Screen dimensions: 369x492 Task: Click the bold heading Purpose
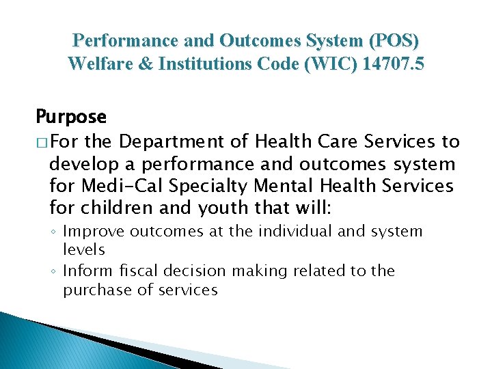71,117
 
